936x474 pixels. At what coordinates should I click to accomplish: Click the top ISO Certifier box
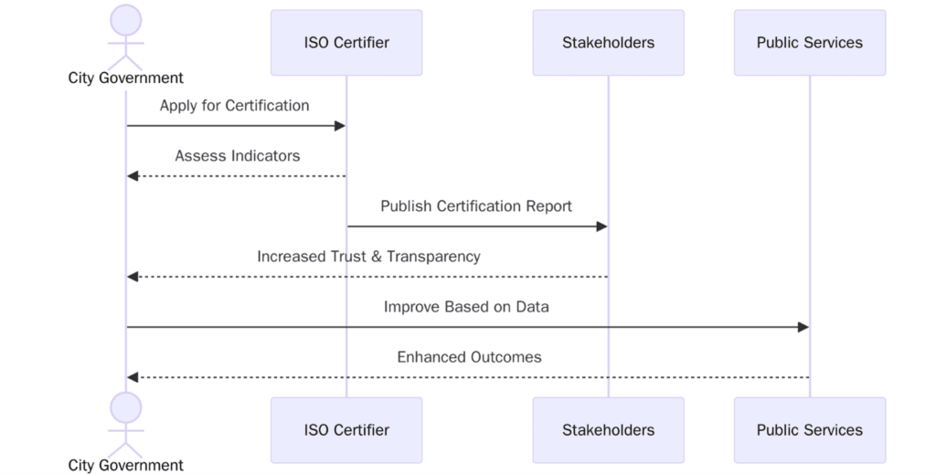[x=346, y=42]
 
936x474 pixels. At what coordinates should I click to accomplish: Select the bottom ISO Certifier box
[x=346, y=429]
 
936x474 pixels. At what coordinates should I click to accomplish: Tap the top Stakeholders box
[x=608, y=42]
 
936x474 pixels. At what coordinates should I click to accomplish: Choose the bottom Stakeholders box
[x=608, y=429]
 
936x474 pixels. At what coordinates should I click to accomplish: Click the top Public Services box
[x=809, y=42]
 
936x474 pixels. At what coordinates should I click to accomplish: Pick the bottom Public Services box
[x=809, y=429]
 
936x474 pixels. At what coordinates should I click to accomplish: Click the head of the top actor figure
[x=126, y=20]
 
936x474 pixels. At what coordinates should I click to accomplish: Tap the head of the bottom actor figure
[x=126, y=408]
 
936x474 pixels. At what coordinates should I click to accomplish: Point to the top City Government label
[x=126, y=79]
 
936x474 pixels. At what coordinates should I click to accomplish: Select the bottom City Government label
[x=126, y=465]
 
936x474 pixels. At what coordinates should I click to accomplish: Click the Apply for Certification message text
[x=235, y=106]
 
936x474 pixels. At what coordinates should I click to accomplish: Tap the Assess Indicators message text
[x=238, y=156]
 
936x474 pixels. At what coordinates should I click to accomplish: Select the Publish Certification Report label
[x=476, y=206]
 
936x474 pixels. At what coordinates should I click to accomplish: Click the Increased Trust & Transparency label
[x=368, y=257]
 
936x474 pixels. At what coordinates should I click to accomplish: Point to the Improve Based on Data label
[x=466, y=307]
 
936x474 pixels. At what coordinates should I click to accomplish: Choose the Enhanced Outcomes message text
[x=469, y=357]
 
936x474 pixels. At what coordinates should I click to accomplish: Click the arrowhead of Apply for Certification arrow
[x=340, y=126]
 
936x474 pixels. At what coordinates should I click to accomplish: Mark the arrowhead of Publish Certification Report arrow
[x=601, y=226]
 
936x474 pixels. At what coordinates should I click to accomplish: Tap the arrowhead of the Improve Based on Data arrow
[x=803, y=327]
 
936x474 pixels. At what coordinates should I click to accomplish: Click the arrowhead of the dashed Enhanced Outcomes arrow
[x=133, y=377]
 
